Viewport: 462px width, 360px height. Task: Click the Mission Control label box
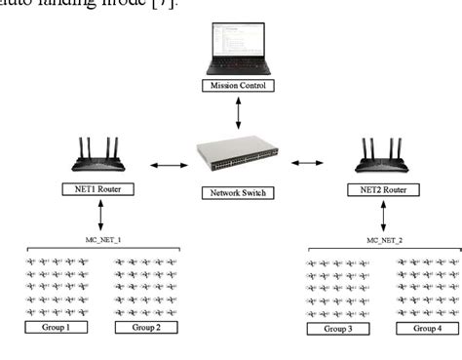[x=237, y=86]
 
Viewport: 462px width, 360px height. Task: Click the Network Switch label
[x=239, y=193]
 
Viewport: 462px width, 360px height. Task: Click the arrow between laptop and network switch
[x=238, y=112]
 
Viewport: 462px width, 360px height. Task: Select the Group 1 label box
[x=54, y=328]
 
